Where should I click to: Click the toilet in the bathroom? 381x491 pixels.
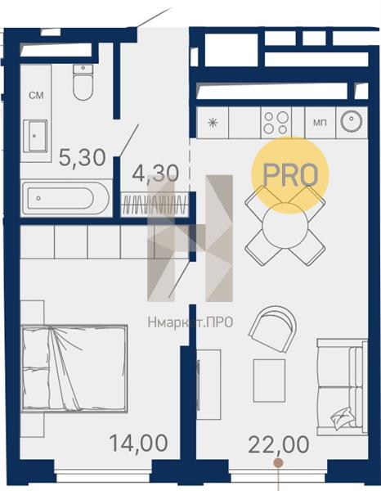[x=83, y=82]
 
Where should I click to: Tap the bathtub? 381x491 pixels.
[x=65, y=198]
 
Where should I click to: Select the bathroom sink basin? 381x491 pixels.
[x=36, y=136]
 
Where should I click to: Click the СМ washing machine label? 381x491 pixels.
[x=36, y=95]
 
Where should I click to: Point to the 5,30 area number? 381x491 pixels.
[x=83, y=157]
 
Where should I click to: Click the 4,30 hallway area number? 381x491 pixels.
[x=155, y=173]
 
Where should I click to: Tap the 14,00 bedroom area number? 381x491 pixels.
[x=138, y=443]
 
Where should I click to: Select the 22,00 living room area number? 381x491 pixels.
[x=279, y=444]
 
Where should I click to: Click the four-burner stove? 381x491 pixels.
[x=276, y=123]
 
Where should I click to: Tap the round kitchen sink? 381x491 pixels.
[x=352, y=121]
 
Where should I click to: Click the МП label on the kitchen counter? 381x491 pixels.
[x=320, y=123]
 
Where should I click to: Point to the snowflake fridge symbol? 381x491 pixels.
[x=213, y=123]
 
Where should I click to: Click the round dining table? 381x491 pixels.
[x=285, y=226]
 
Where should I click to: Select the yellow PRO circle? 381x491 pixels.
[x=290, y=175]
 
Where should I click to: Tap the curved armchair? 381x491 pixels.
[x=273, y=330]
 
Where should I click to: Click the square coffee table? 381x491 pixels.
[x=269, y=381]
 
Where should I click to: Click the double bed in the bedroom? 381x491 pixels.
[x=74, y=368]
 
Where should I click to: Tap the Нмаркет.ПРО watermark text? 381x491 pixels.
[x=190, y=322]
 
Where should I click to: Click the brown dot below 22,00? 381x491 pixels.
[x=278, y=462]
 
